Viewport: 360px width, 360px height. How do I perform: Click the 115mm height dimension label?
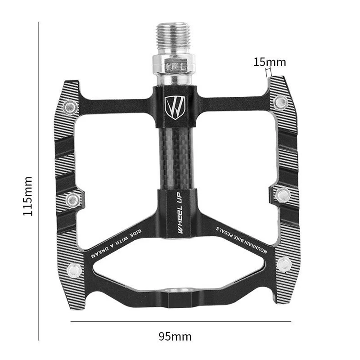[x=28, y=196]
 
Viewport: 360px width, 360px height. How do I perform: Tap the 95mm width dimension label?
[x=175, y=336]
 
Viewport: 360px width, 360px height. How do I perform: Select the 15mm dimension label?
[x=270, y=62]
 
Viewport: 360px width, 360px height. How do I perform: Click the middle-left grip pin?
[x=72, y=198]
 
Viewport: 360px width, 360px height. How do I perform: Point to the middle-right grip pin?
[x=283, y=194]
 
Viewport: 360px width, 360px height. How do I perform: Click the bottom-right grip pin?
[x=283, y=264]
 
